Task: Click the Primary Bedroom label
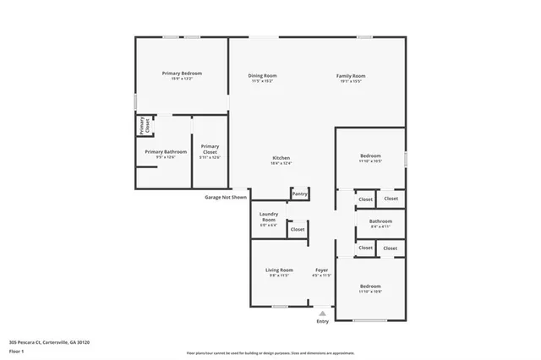[182, 74]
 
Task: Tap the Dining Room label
[263, 76]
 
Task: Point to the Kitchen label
[281, 158]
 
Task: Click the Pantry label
[299, 194]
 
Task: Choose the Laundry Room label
[269, 216]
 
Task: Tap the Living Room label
[280, 270]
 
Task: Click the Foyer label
[321, 270]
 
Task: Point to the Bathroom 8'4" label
[380, 221]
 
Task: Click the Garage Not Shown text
[226, 197]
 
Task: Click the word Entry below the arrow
[322, 321]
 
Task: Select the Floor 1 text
[17, 350]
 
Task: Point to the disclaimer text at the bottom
[270, 352]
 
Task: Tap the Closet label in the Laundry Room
[298, 229]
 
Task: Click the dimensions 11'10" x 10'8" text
[370, 292]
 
